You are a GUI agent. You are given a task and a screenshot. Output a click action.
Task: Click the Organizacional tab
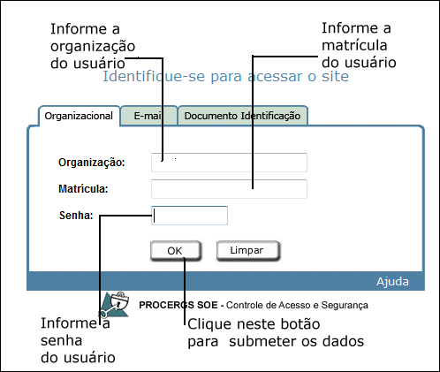80,116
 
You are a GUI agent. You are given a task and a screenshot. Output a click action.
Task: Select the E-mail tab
149,116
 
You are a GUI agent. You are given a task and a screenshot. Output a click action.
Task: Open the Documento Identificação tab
243,116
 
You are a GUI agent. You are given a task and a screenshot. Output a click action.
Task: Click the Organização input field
229,163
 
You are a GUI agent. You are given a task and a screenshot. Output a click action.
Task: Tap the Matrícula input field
229,189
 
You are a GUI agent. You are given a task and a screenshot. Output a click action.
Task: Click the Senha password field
189,216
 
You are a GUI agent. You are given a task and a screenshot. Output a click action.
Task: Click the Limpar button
247,251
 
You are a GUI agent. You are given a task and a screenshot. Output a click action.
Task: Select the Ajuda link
392,282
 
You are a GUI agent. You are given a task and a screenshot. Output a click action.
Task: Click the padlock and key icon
114,305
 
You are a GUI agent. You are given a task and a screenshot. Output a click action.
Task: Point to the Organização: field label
92,163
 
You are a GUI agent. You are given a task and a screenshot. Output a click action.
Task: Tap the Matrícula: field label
83,189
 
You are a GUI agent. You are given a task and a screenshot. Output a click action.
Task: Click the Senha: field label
76,216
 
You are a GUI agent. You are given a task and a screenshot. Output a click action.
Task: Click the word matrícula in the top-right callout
354,45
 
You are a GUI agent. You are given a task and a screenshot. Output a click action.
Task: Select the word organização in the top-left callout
93,47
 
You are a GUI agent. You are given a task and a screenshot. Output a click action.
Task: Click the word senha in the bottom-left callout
62,341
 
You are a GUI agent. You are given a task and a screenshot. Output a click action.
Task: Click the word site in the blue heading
335,77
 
